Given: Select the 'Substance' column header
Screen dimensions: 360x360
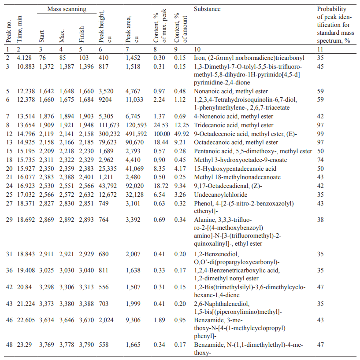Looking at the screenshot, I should click(207, 9).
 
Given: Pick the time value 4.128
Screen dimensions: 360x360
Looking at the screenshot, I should click(25, 58).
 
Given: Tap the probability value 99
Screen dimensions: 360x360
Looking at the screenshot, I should click(320, 133).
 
